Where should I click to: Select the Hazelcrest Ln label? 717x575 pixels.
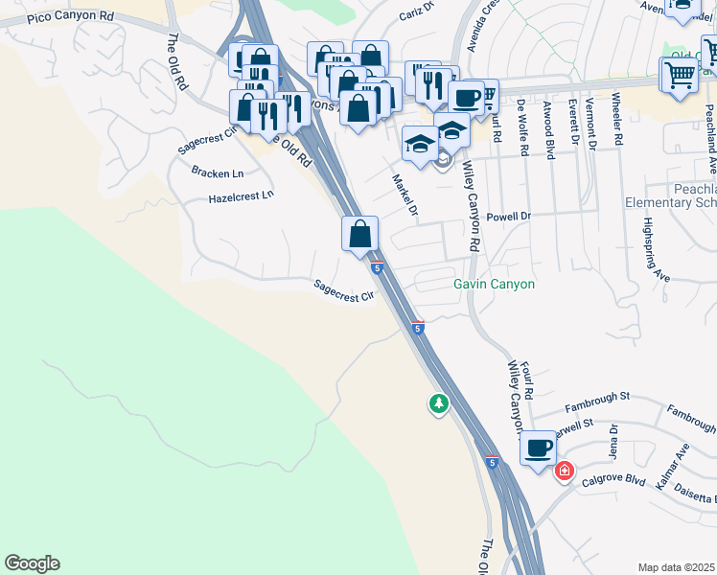tap(241, 196)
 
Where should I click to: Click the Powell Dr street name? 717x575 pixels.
tap(508, 217)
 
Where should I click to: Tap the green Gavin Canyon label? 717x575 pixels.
tap(494, 285)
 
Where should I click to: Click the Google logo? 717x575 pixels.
tap(32, 563)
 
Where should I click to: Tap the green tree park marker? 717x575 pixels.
tap(439, 403)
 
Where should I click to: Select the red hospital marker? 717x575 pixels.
tap(565, 471)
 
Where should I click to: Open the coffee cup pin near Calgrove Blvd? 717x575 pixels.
tap(538, 448)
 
